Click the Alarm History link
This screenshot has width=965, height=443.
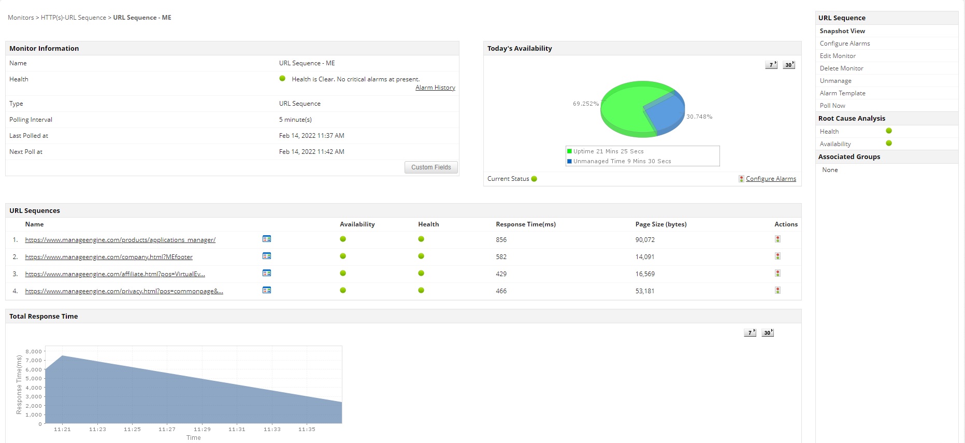click(x=435, y=88)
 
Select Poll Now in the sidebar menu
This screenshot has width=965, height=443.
click(x=832, y=106)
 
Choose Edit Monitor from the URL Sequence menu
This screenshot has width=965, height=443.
click(x=837, y=56)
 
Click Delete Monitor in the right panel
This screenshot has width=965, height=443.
click(x=841, y=68)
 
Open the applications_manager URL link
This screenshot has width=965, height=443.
click(x=120, y=240)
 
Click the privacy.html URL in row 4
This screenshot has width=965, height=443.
click(x=124, y=291)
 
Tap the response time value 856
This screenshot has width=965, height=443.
click(x=501, y=240)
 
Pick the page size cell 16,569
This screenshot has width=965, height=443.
click(x=645, y=274)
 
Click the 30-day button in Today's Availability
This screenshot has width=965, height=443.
click(x=788, y=65)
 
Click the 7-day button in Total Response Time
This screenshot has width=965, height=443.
click(x=750, y=333)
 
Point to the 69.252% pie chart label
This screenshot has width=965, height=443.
click(x=585, y=104)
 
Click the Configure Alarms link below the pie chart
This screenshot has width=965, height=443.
click(x=771, y=179)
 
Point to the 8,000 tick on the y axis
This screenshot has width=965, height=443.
click(x=34, y=352)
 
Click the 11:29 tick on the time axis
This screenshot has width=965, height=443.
click(x=202, y=429)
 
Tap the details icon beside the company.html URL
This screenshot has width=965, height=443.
click(x=267, y=256)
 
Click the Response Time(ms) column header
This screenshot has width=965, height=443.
click(x=525, y=224)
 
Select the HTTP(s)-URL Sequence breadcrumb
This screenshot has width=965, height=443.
click(x=74, y=18)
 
